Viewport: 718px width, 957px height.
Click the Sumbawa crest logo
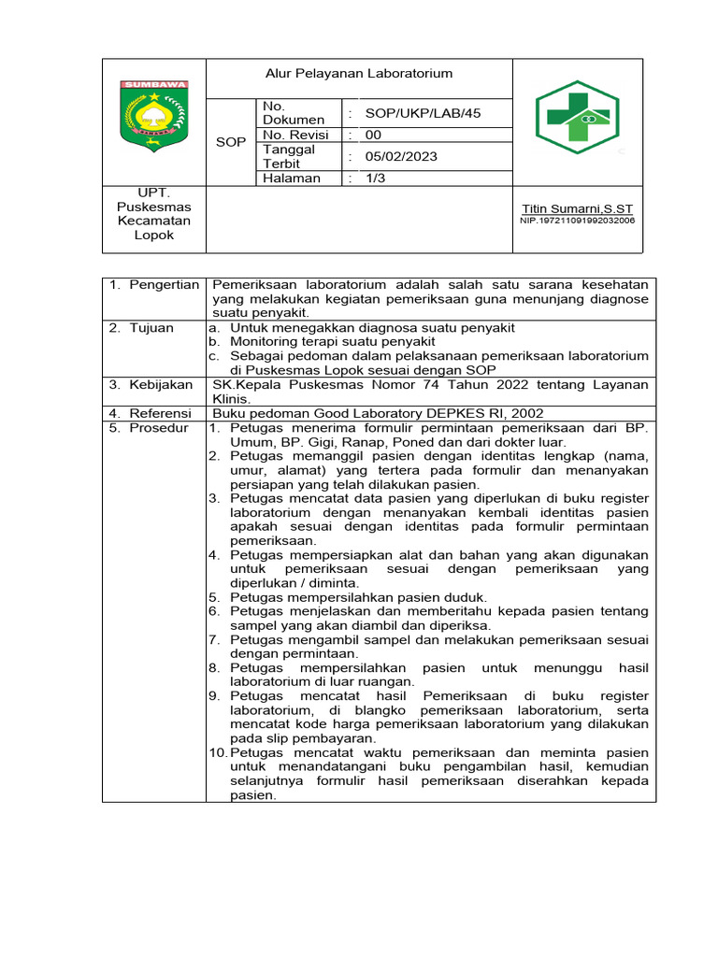(153, 112)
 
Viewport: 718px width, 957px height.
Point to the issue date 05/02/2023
(401, 156)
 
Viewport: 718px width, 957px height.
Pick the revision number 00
(373, 135)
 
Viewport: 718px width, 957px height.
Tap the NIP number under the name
(577, 221)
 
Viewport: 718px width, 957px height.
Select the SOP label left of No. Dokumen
(230, 142)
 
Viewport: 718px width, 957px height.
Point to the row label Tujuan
(151, 328)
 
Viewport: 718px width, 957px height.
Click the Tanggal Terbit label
(290, 156)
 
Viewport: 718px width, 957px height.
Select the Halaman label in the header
(292, 178)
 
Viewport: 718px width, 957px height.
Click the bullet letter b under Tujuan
(215, 342)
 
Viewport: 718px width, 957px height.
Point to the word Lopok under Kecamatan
(153, 236)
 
